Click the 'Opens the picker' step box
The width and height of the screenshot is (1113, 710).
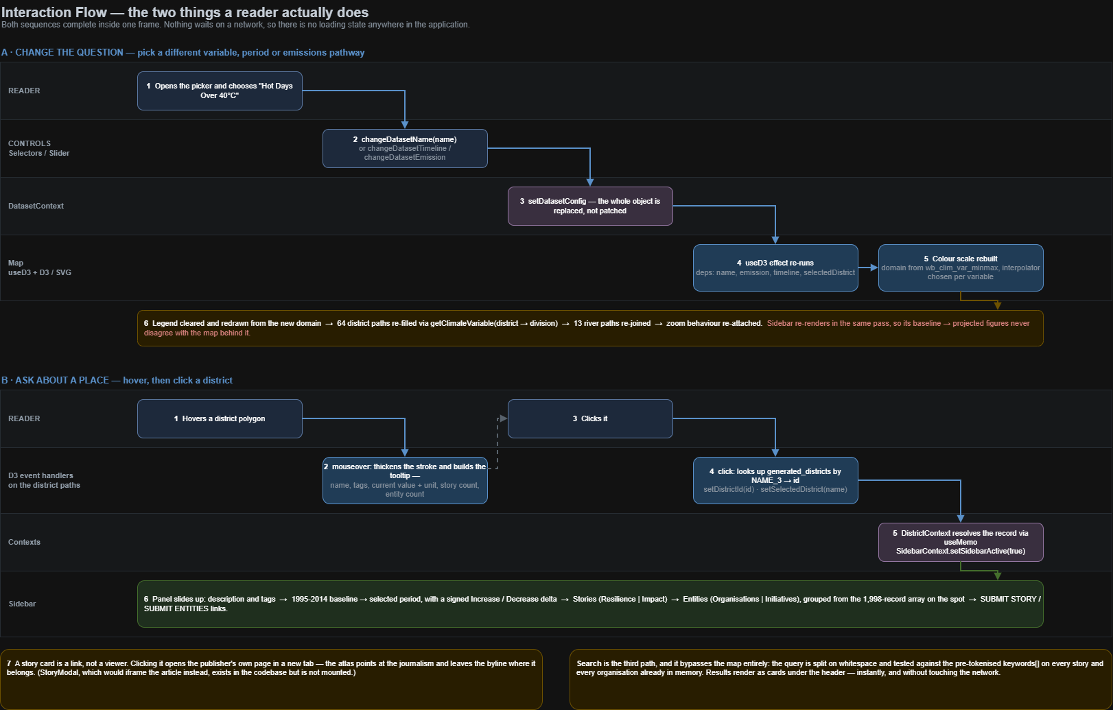[220, 91]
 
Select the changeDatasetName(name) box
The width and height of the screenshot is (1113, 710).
[405, 149]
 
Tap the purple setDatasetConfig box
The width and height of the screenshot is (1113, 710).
[590, 206]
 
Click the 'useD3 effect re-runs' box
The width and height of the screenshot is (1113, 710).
[775, 268]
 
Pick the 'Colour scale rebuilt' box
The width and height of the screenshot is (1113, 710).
[961, 268]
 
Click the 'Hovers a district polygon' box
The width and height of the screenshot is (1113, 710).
[220, 419]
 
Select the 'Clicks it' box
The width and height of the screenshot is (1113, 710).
[590, 419]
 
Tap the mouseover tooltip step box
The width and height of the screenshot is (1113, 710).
[405, 480]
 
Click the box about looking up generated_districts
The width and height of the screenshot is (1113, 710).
[775, 480]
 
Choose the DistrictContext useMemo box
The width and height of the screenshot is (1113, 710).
[961, 542]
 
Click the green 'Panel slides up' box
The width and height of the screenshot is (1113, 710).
[590, 604]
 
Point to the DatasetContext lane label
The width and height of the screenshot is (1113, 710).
[36, 206]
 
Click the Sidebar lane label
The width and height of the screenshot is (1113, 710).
[23, 604]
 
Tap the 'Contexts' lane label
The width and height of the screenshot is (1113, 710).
[24, 542]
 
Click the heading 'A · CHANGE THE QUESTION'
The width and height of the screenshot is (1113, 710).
[62, 53]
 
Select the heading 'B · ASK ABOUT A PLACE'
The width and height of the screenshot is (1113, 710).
[55, 381]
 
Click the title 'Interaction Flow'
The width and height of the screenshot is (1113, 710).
[54, 12]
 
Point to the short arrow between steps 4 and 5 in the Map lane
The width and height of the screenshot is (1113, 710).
[868, 268]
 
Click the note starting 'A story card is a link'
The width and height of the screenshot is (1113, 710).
[271, 679]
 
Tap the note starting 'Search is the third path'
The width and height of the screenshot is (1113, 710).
[841, 679]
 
